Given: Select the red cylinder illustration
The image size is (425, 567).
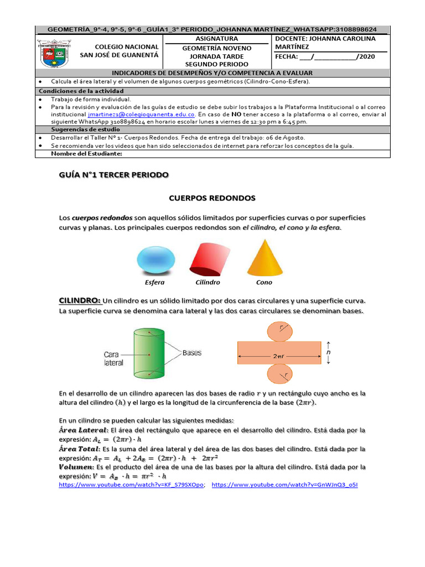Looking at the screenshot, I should coord(209,257).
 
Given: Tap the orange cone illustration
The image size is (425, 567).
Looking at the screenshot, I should coord(265,257).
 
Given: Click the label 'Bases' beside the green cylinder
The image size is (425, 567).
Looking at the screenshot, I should coord(192,352).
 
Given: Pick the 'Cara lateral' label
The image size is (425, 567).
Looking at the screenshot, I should coord(114,358).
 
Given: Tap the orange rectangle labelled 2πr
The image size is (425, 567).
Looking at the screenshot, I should coord(279,352).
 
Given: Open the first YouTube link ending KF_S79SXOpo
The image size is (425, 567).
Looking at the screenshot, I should coord(132,484).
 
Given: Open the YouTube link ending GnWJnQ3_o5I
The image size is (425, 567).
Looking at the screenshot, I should coord(284,484).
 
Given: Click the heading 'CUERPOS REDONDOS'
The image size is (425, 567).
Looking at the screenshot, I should coord(212,197).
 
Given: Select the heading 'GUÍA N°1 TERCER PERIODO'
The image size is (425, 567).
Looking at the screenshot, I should coord(113,174).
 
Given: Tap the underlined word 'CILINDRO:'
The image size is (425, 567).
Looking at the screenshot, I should coord(80,300).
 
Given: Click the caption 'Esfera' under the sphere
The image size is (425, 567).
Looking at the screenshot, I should coord(154,282).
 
